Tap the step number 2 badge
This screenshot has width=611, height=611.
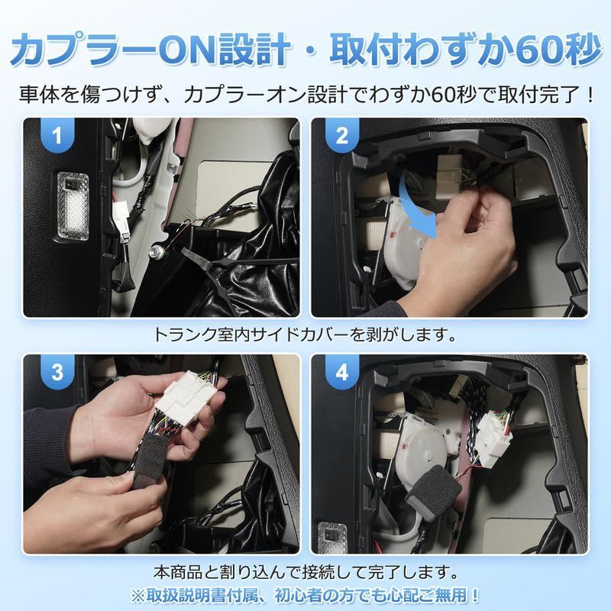pos(341,137)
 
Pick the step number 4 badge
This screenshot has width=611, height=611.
pos(341,373)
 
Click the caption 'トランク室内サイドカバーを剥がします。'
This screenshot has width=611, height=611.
pos(305,335)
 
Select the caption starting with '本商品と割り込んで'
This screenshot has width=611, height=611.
pos(305,571)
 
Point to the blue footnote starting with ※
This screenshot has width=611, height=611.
pos(305,595)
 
